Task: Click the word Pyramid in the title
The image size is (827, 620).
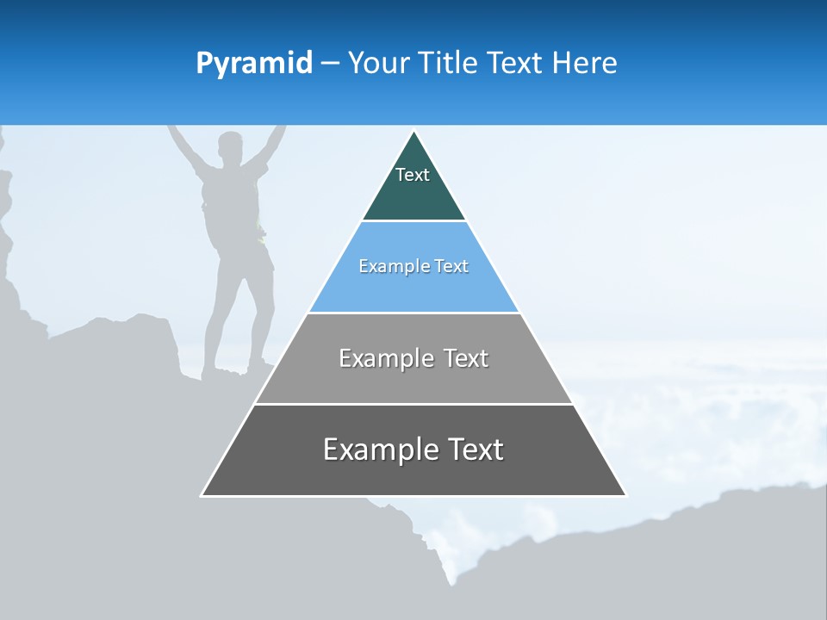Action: pos(254,64)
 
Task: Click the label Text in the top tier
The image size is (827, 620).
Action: pos(413,175)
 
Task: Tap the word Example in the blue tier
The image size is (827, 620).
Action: pos(388,266)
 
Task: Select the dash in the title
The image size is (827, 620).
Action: pos(329,64)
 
